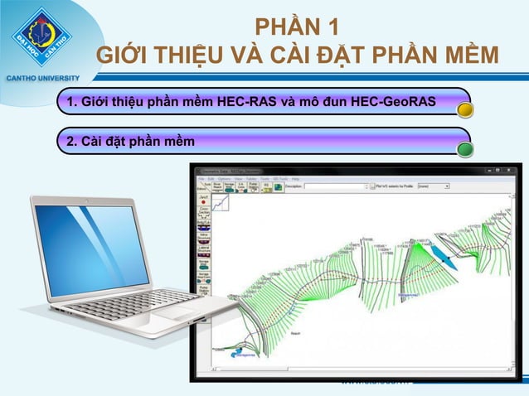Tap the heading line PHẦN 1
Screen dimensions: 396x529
pos(296,26)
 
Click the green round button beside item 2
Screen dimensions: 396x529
pos(466,149)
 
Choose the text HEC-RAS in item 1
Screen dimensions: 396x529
pos(245,102)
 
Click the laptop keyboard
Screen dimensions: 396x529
pos(162,302)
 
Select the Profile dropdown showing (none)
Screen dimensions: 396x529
pos(434,187)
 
